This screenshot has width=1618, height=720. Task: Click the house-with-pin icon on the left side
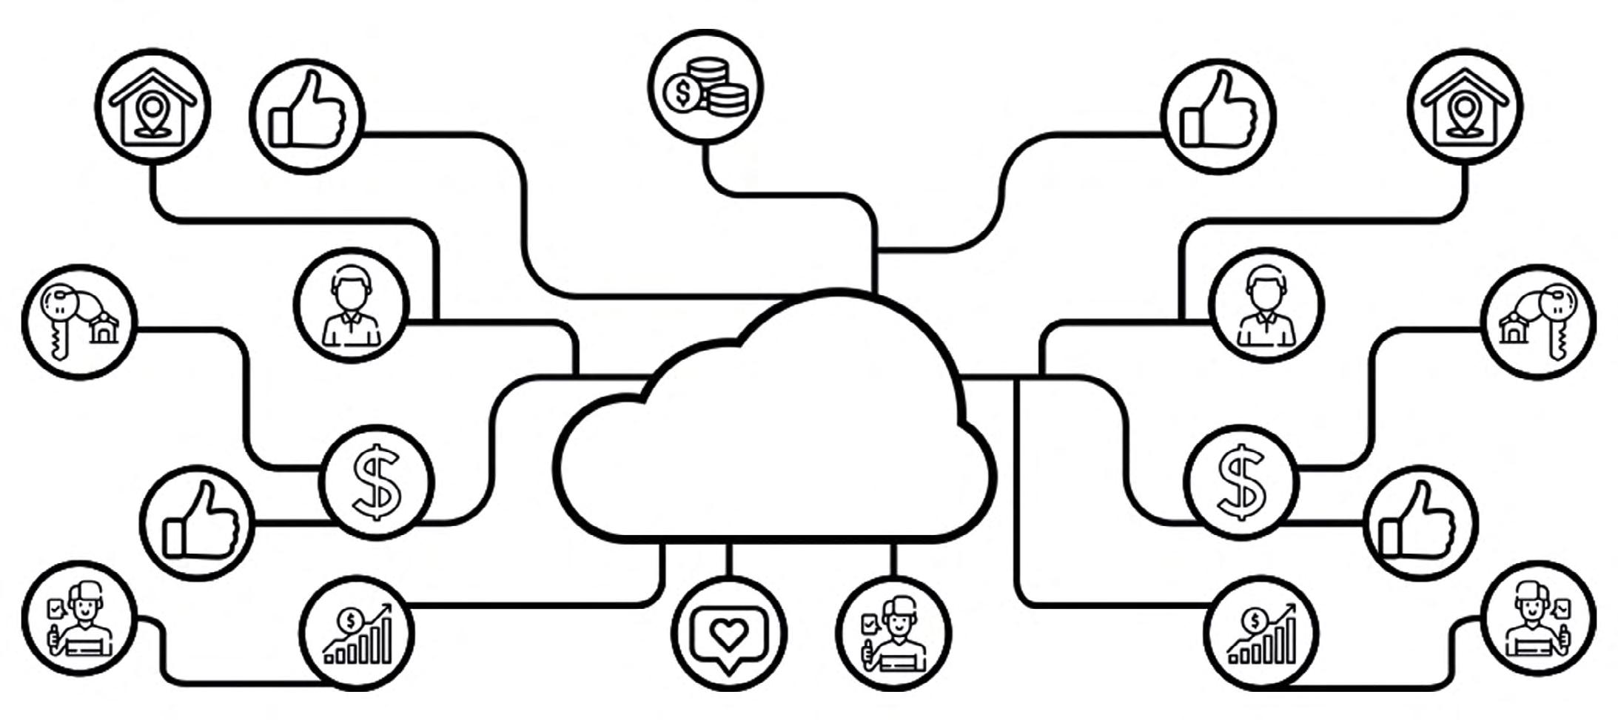coord(152,107)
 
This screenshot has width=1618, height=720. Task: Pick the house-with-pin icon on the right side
coord(1465,107)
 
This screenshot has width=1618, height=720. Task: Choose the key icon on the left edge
coord(79,322)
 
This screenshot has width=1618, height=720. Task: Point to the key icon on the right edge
coord(1540,322)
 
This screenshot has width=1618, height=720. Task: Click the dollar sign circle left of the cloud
coord(377,482)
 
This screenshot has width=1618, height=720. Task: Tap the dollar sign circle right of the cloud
coord(1241,482)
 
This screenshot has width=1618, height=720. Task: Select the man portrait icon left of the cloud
coord(352,305)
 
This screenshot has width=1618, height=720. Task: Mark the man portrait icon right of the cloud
coord(1266,305)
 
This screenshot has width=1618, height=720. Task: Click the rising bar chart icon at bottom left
coord(357,633)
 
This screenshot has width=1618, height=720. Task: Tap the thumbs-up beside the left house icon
coord(307,116)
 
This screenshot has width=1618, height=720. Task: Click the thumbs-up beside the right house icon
coord(1219,116)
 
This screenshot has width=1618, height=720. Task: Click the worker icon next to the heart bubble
coord(894,633)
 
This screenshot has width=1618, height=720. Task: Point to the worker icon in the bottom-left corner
coord(79,619)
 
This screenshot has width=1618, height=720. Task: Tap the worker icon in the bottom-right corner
coord(1540,619)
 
